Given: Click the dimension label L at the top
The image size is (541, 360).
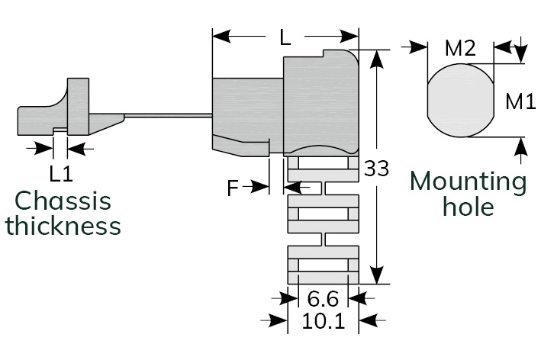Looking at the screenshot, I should [285, 37].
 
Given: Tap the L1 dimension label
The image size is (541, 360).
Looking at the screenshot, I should [61, 174].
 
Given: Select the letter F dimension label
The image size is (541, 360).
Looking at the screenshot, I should [234, 188].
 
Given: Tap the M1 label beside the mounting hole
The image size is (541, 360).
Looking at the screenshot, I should [520, 100].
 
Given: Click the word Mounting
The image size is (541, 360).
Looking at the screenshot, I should [469, 182].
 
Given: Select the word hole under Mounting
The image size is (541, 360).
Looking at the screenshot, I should [469, 206].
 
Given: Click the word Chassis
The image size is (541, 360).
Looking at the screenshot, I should [63, 201].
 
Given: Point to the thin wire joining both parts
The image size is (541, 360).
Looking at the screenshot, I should [168, 115].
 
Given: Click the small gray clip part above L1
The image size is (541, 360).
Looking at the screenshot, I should [69, 111].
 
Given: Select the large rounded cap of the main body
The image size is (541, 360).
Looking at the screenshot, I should [320, 103].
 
